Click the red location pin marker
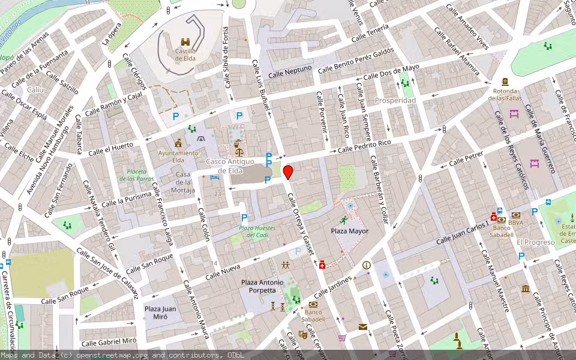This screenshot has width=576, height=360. coord(288,172)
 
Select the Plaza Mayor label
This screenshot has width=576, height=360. coord(349,231)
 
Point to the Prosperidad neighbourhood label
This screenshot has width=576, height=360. coord(395,100)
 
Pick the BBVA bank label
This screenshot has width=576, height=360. coord(516,223)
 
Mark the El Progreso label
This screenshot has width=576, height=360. coord(535,242)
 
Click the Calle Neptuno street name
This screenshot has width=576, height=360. coord(290,72)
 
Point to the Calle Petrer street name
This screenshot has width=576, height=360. coord(466,159)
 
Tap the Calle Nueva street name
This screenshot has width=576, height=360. coord(222,271)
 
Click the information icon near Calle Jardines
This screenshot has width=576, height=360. coord(366,265)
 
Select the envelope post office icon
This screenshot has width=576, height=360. coord(362,327)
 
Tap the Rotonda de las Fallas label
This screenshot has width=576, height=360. coord(506,95)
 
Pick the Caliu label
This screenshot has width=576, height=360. coord(36,89)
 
